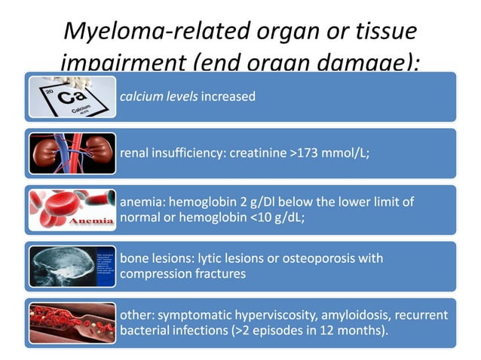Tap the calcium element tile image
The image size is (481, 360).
[x=72, y=96]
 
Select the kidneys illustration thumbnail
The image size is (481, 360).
[x=72, y=153]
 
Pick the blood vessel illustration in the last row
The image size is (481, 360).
[x=72, y=322]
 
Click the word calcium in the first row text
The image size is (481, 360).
[x=141, y=96]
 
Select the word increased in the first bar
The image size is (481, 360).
[x=228, y=96]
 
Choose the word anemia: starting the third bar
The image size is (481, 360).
[x=142, y=203]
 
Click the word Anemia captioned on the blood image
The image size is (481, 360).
[x=91, y=222]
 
